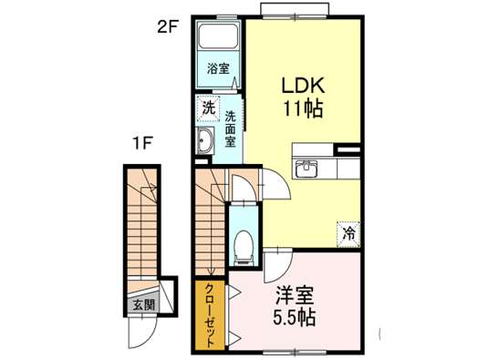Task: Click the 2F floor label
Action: (168, 28)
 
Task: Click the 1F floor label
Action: (142, 142)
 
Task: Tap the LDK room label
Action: (303, 86)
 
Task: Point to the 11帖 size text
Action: (304, 108)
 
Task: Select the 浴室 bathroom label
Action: (218, 68)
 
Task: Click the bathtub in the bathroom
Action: (218, 36)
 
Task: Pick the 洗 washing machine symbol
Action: (209, 108)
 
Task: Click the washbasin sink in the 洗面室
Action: (205, 140)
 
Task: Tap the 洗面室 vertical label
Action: (231, 129)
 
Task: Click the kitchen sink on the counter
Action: (307, 168)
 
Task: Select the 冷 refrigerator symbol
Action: (348, 234)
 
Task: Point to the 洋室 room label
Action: (294, 295)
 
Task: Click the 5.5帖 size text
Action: (294, 317)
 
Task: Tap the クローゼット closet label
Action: (210, 315)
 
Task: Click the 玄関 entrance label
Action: (144, 304)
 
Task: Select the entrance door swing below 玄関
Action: (142, 333)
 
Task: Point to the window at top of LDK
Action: (295, 9)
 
